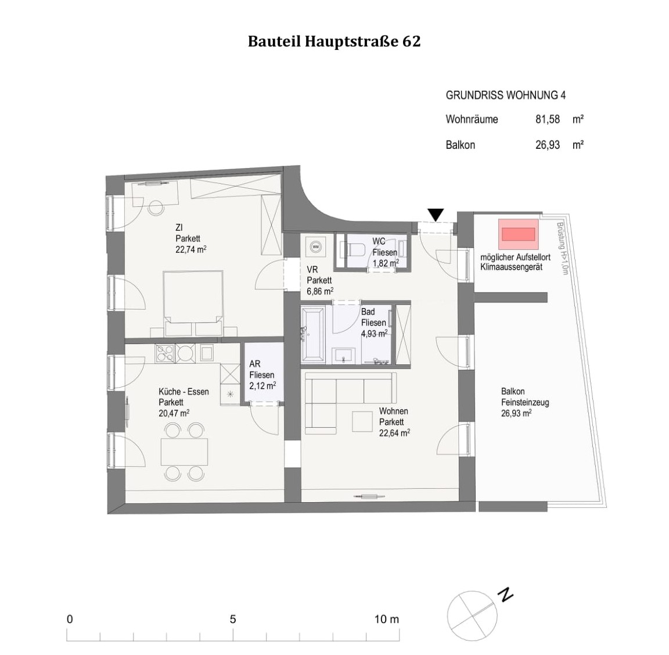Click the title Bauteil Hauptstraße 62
(x=334, y=42)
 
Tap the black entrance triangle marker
(x=436, y=214)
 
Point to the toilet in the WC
(x=355, y=249)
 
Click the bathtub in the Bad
(x=314, y=334)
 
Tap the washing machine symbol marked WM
(x=316, y=246)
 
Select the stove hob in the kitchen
(x=164, y=353)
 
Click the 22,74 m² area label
(x=191, y=249)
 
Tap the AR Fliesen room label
(x=261, y=374)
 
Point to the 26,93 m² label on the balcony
(x=516, y=413)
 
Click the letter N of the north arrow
(x=507, y=595)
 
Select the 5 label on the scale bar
(x=233, y=619)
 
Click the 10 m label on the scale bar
(x=386, y=619)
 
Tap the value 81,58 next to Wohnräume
(x=547, y=119)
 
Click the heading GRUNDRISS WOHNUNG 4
(x=505, y=95)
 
